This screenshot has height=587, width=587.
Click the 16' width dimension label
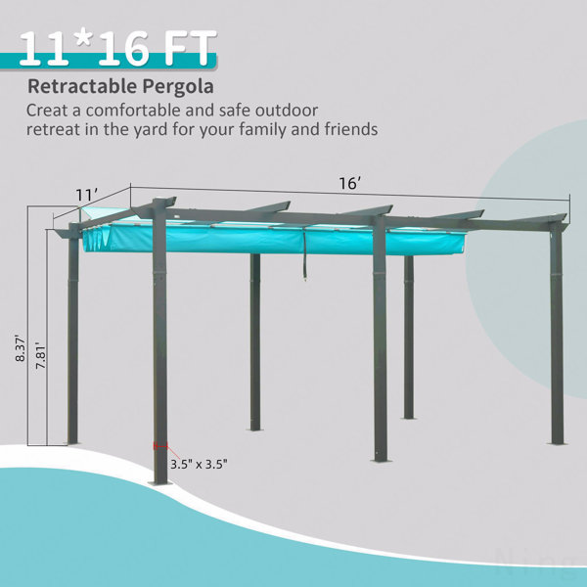coord(350,184)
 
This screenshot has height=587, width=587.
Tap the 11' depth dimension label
coord(87,195)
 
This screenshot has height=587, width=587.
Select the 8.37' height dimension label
coord(20,349)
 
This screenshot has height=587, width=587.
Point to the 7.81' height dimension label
coord(40,356)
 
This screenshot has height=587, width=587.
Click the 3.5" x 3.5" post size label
coord(200,464)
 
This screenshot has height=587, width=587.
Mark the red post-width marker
coord(160,445)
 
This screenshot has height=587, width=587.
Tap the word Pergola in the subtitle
coord(178,87)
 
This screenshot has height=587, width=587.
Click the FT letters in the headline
coord(190,48)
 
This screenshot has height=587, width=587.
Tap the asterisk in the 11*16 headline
coord(84,40)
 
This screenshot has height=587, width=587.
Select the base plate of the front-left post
coord(160,482)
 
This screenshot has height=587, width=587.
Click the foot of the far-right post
coord(557,443)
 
